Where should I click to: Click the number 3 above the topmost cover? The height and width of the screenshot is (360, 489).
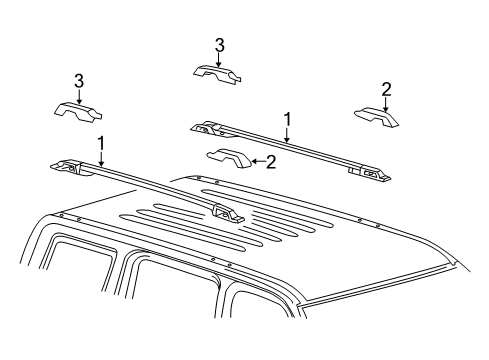click(219, 45)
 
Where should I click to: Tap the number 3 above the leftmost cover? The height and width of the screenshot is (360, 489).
click(77, 80)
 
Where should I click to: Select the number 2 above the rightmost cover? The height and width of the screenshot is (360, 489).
click(386, 90)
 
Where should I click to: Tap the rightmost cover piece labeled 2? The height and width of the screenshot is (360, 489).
click(378, 118)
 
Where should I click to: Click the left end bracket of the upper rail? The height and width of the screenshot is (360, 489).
click(206, 127)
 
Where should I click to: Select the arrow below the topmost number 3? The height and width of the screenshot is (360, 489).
click(219, 58)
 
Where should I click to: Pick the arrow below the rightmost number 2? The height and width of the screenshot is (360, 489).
click(386, 102)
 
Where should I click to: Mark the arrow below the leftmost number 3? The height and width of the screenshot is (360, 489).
click(77, 93)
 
